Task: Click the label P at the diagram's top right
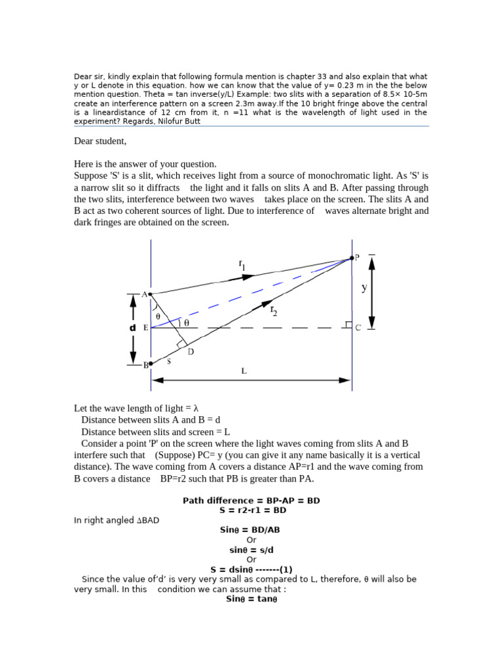click(x=357, y=257)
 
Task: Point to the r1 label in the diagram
click(x=242, y=264)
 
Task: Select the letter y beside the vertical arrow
click(x=364, y=287)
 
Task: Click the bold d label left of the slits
click(x=132, y=328)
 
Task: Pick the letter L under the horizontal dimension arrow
click(x=244, y=371)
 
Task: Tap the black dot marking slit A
click(x=151, y=294)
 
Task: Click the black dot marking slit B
click(x=151, y=364)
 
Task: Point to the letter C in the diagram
click(x=358, y=328)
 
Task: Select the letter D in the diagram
click(x=191, y=352)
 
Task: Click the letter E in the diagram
click(x=145, y=328)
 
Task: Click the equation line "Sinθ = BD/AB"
click(x=251, y=530)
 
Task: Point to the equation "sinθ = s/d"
click(x=251, y=550)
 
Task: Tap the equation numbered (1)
click(x=251, y=569)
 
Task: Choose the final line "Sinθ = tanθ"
click(x=251, y=599)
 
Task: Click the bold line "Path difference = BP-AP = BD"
click(x=251, y=501)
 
